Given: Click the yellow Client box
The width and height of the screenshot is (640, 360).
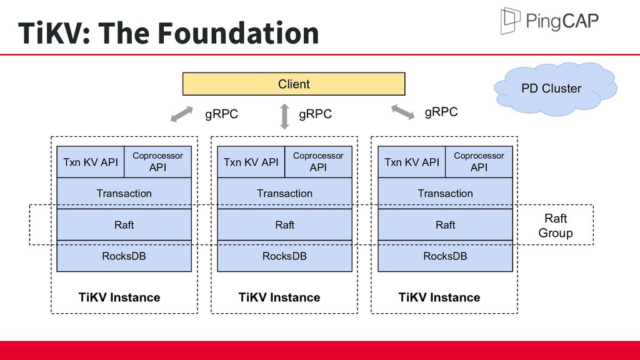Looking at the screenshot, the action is tap(294, 84).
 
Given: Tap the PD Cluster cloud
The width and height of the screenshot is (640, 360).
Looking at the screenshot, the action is tap(555, 89).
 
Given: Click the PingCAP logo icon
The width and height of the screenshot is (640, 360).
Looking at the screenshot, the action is tap(510, 21).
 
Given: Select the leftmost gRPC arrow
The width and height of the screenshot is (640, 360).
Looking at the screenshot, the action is tap(182, 114).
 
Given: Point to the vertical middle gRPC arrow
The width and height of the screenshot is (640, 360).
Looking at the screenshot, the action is tap(285, 116).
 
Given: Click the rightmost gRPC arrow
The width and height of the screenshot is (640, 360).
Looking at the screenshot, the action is tap(403, 112).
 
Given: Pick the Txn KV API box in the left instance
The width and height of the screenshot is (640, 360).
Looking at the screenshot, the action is tap(91, 162).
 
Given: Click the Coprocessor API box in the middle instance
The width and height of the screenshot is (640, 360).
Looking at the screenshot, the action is tap(318, 162).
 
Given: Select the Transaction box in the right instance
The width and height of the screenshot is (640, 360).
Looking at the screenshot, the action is tap(445, 194).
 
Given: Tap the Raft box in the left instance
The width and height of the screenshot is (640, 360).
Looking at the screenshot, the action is tap(124, 225).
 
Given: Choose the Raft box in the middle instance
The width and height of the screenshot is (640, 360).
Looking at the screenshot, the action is tap(284, 225).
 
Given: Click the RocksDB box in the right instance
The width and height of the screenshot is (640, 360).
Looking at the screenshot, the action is tap(445, 256).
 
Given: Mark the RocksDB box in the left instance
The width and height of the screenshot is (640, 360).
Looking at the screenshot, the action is tap(124, 256).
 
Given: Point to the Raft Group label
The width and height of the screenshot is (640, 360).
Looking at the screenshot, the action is tap(556, 225).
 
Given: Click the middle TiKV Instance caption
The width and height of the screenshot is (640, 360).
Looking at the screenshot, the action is tap(279, 297).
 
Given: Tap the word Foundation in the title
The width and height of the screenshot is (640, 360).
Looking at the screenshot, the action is tap(238, 32).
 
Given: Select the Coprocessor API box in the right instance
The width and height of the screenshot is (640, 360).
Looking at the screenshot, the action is tap(479, 162).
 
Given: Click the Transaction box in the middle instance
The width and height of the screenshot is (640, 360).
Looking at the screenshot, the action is tap(284, 194).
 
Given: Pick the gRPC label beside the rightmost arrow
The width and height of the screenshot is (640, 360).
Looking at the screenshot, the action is tap(441, 112).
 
